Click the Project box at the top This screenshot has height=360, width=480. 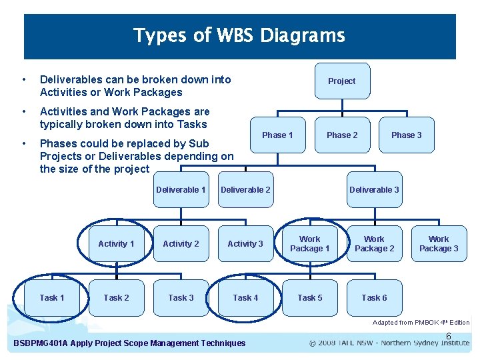341,81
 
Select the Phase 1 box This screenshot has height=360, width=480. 277,135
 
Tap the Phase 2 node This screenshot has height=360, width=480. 341,135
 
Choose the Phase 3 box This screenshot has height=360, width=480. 406,135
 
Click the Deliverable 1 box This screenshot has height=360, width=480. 181,190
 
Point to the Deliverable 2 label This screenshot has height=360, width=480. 245,190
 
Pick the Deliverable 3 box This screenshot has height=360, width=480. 374,190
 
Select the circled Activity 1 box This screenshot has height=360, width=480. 116,244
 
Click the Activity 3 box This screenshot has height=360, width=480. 245,244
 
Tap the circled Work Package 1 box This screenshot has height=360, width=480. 309,244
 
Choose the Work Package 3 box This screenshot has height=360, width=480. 439,244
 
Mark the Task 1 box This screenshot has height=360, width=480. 52,298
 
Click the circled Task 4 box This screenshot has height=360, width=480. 245,298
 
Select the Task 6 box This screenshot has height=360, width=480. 374,298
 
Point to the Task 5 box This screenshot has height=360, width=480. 309,298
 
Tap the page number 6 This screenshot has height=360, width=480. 449,336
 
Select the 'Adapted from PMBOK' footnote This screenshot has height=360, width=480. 421,323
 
